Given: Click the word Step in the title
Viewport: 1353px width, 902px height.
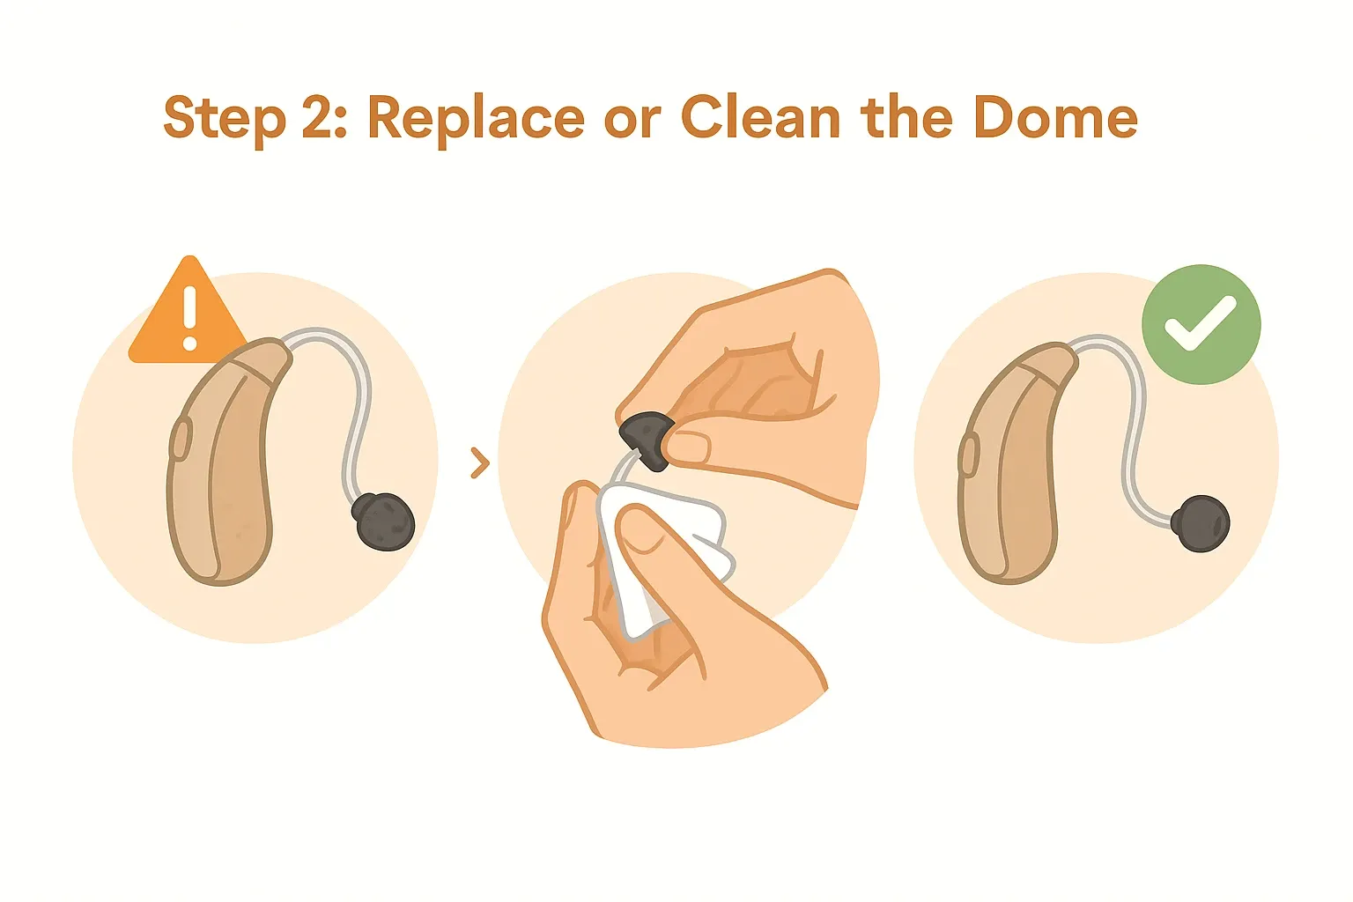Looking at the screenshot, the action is tap(225, 119).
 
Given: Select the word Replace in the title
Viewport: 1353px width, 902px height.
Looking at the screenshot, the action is tap(476, 119).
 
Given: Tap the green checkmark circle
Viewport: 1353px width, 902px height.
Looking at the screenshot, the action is tap(1201, 324).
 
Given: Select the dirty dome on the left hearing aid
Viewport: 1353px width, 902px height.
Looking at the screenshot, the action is tap(383, 521).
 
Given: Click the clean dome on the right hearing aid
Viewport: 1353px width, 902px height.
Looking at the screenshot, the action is tap(1201, 523).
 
